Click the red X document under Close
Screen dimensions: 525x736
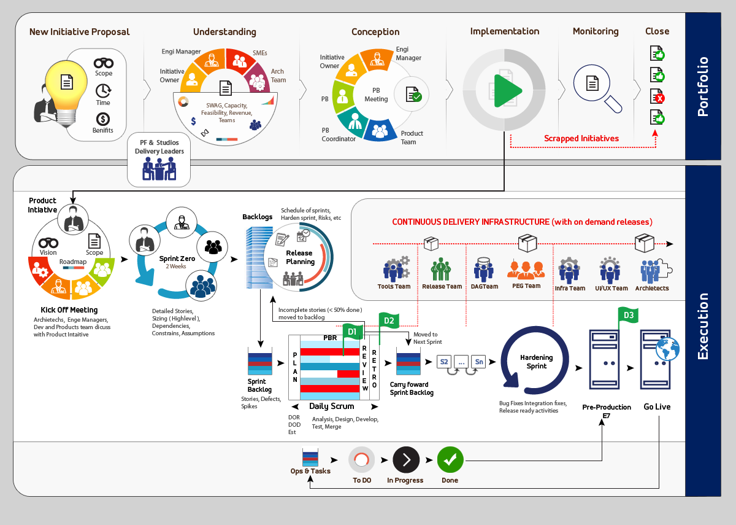(x=657, y=96)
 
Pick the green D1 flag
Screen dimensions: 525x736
(x=352, y=332)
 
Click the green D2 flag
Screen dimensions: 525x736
(x=389, y=320)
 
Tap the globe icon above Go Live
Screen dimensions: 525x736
(x=667, y=348)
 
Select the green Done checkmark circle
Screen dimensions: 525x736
(x=450, y=459)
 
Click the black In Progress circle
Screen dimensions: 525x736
(x=405, y=459)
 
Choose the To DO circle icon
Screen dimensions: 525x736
(x=361, y=459)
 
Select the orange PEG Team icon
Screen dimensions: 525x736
(x=526, y=268)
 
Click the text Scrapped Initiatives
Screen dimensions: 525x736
(x=581, y=138)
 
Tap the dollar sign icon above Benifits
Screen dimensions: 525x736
(x=103, y=119)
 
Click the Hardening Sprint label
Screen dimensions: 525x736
(x=536, y=362)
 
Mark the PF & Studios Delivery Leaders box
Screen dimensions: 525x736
(x=159, y=161)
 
